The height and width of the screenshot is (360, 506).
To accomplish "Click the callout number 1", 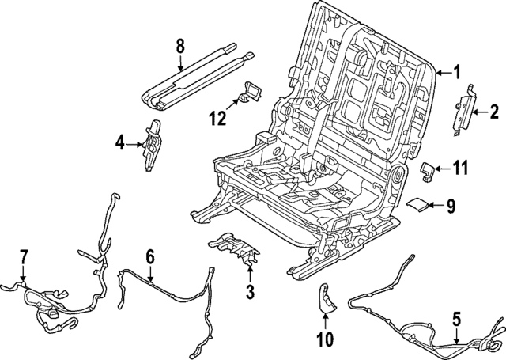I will (456, 74).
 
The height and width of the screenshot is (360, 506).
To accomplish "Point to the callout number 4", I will (119, 143).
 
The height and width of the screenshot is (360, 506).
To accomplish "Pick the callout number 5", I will (456, 320).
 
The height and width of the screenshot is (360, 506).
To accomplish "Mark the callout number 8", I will (179, 47).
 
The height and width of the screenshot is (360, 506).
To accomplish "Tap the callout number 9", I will (451, 206).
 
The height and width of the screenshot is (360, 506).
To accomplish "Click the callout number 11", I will (460, 167).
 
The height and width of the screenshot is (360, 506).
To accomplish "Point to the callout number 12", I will (217, 119).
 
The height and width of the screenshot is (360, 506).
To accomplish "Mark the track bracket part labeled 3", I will (236, 249).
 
